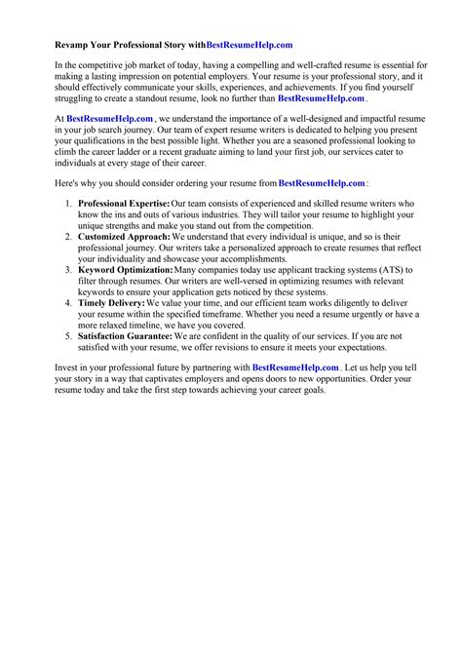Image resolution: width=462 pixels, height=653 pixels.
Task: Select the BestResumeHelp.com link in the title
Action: [x=250, y=45]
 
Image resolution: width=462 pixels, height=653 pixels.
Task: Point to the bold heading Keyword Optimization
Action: [x=125, y=270]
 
